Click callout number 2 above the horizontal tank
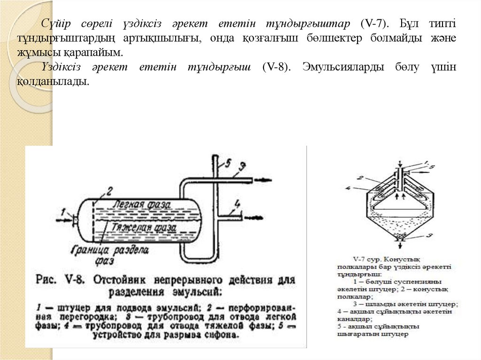(109, 191)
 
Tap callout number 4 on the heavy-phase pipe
(237, 204)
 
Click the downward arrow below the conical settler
(400, 239)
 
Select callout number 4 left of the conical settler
(347, 189)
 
